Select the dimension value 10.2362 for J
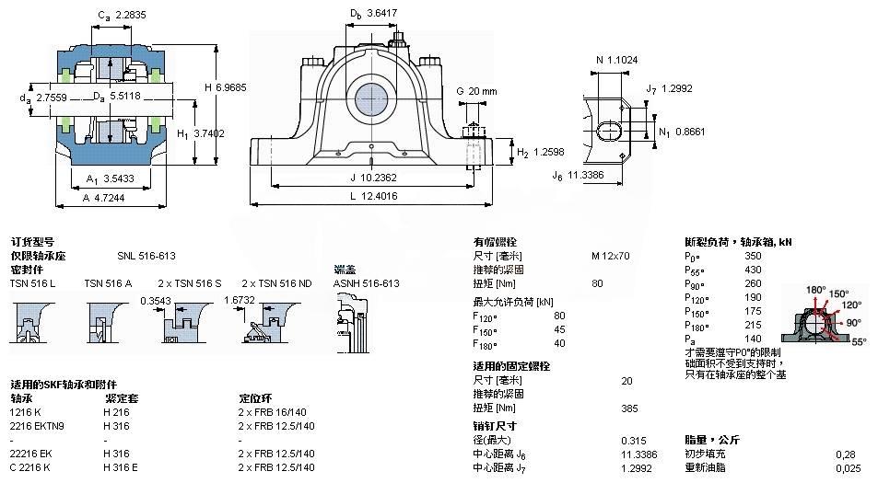tap(380, 177)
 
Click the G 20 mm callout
tap(476, 91)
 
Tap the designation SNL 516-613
tap(146, 256)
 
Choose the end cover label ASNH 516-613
tap(366, 283)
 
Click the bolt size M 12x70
tap(610, 256)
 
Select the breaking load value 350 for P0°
tap(753, 256)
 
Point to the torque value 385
tap(630, 408)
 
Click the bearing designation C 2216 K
tap(31, 467)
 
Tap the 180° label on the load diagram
tap(816, 290)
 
